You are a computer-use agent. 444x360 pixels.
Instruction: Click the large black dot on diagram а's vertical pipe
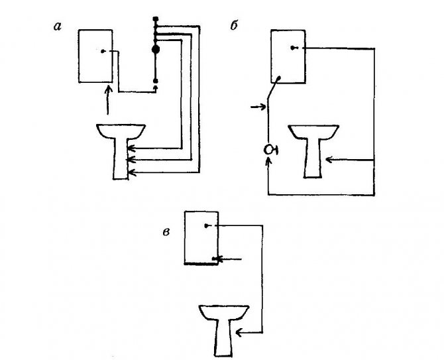[x=156, y=49]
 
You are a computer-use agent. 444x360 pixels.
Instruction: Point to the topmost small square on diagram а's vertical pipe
[x=156, y=19]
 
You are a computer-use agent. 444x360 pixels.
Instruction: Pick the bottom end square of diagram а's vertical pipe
[x=156, y=82]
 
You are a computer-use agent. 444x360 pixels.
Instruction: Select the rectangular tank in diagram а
[x=98, y=56]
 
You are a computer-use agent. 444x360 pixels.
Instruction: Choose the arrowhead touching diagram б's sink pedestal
[x=331, y=159]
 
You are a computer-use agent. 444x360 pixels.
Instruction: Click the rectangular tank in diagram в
[x=201, y=237]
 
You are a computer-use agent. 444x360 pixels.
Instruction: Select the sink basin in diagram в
[x=224, y=313]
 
